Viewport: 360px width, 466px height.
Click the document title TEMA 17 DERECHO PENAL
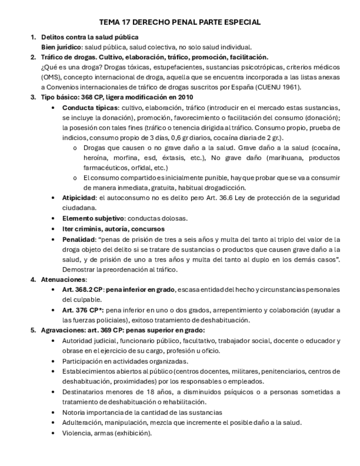pos(180,23)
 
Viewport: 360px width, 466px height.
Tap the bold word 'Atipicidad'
pos(79,198)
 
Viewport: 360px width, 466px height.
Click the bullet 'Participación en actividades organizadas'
pos(125,361)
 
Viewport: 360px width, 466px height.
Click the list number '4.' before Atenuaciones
pos(34,279)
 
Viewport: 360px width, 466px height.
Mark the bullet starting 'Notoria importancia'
pos(142,412)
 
